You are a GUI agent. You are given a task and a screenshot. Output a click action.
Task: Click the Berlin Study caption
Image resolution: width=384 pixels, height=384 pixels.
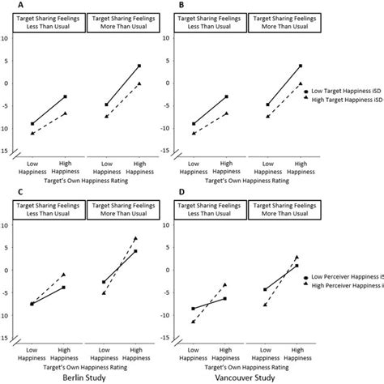click(97, 377)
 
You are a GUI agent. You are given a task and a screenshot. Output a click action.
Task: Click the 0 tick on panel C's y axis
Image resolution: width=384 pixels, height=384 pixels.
click(6, 270)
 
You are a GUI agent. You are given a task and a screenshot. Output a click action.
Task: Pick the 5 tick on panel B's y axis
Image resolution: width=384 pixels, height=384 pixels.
click(199, 61)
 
